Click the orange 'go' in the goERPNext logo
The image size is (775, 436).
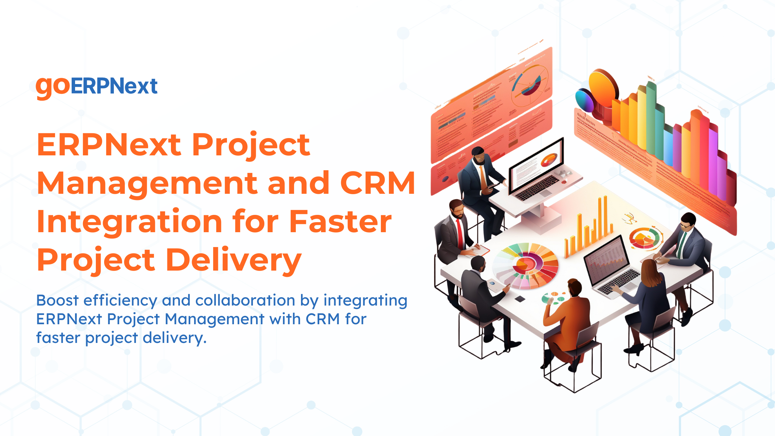[53, 87]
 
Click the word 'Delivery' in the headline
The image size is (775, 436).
[234, 260]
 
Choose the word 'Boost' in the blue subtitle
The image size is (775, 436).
[57, 300]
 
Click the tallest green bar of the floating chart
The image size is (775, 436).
[651, 118]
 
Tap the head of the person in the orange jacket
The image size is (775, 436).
[574, 287]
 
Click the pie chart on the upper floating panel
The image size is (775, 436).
[529, 83]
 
